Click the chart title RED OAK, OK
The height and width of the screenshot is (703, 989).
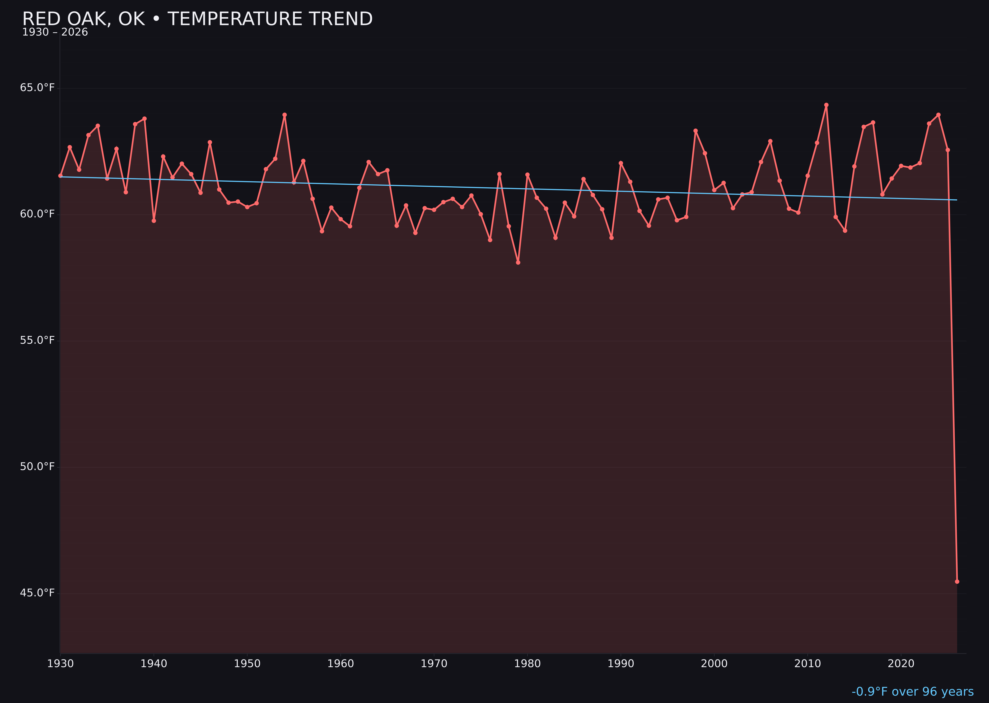pyautogui.click(x=197, y=19)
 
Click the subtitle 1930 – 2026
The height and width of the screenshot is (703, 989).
pyautogui.click(x=55, y=32)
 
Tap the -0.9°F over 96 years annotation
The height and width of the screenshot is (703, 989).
pyautogui.click(x=912, y=691)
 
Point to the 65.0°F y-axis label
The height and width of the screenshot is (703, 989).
pyautogui.click(x=37, y=88)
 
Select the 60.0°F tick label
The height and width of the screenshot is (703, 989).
pyautogui.click(x=37, y=214)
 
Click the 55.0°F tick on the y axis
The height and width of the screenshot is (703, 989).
pyautogui.click(x=37, y=340)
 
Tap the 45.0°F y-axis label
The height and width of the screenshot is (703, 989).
pyautogui.click(x=37, y=593)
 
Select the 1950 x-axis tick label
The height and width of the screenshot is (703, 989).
pyautogui.click(x=247, y=664)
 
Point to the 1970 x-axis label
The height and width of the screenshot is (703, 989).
pyautogui.click(x=434, y=664)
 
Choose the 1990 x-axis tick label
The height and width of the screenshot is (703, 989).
pyautogui.click(x=621, y=664)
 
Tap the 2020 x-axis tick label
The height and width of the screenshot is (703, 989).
pyautogui.click(x=901, y=664)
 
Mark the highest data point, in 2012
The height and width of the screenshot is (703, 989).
pyautogui.click(x=826, y=105)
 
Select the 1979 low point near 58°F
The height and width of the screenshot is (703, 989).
pyautogui.click(x=518, y=262)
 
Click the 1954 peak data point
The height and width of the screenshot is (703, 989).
pyautogui.click(x=285, y=115)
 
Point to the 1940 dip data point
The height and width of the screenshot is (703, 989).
pyautogui.click(x=154, y=221)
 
